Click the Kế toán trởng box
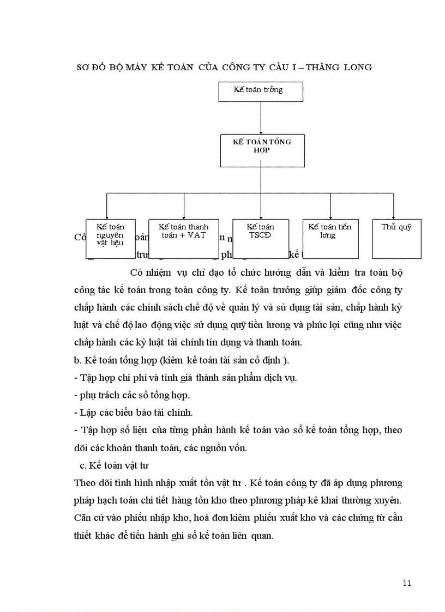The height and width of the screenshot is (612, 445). coord(261,91)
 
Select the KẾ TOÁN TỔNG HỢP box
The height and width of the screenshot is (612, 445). coord(261,150)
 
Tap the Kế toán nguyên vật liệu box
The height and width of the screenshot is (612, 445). coord(110,239)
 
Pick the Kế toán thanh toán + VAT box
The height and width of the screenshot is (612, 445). coord(184,239)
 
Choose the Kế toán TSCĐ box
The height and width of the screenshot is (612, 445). coord(261,239)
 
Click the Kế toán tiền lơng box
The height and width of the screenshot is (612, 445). coord(330,239)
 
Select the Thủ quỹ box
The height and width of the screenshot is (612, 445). coord(396,239)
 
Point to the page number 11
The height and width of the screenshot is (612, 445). coord(407,583)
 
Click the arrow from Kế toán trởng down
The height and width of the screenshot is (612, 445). coord(261,118)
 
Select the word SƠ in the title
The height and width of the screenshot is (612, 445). coord(83,68)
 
